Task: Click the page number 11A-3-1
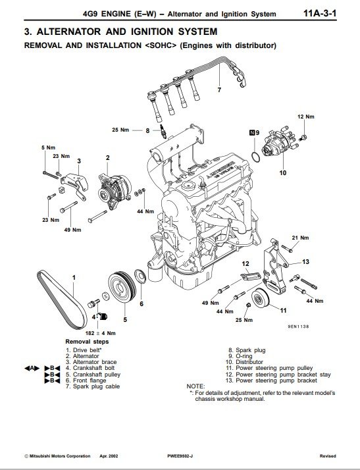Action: tap(320, 13)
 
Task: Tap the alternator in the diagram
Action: tap(115, 191)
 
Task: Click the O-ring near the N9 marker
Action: tap(255, 157)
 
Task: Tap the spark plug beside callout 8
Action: tap(163, 132)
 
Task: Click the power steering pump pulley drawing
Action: tap(260, 298)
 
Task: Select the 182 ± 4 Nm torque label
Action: tap(101, 333)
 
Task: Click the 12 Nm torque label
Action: tap(306, 117)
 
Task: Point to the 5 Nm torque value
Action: tap(48, 147)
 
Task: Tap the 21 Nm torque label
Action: tap(300, 238)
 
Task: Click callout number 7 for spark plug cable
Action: tap(219, 90)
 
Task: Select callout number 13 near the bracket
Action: tap(305, 262)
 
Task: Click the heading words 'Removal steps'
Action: tap(87, 342)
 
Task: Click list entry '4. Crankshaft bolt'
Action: tap(90, 368)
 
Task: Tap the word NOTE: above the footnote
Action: tap(195, 386)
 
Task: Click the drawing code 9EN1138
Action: tap(298, 326)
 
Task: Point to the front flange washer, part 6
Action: tap(140, 276)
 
